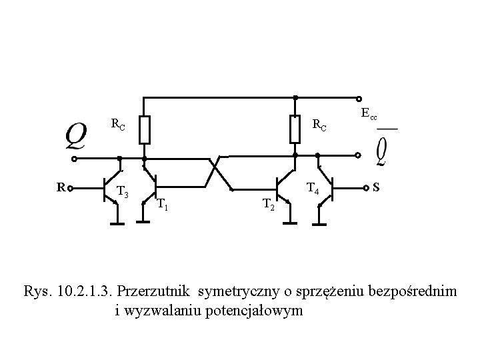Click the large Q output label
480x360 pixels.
click(x=75, y=137)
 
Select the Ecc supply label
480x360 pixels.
click(x=369, y=113)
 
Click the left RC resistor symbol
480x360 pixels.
click(x=145, y=130)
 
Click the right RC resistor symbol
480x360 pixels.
click(x=295, y=129)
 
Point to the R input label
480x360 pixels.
click(x=60, y=187)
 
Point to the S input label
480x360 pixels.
click(x=377, y=187)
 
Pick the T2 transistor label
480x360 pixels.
click(x=268, y=203)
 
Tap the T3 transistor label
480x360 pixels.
click(x=122, y=192)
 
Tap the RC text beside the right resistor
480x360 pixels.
click(x=320, y=125)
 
